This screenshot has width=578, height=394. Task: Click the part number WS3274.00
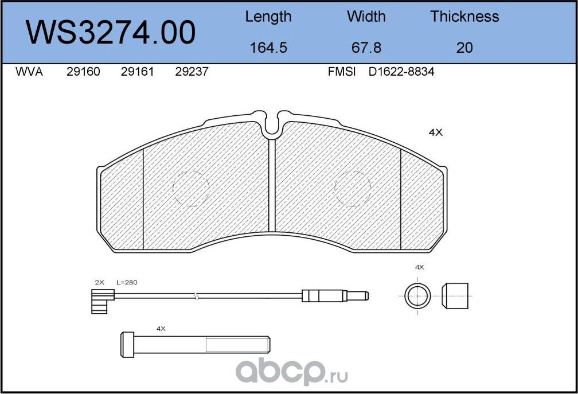pos(111,33)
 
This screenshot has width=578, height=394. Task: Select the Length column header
pos(268,17)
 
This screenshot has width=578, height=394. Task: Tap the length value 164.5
pos(268,48)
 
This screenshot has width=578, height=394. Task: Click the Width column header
pos(366,16)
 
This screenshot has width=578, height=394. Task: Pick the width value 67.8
pos(366,48)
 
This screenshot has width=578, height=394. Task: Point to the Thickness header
pos(464,16)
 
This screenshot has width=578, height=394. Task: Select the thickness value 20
pos(464,48)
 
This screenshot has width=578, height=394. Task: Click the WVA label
pos(29,71)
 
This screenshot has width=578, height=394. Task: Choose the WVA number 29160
pos(83,71)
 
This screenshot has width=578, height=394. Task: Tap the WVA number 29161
pos(137,71)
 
